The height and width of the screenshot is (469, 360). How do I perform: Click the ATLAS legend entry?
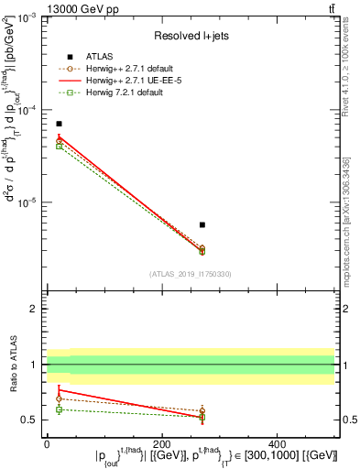(x=95, y=56)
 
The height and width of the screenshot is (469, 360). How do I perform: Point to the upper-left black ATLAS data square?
(x=60, y=124)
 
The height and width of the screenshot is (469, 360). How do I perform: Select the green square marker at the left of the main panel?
(x=60, y=147)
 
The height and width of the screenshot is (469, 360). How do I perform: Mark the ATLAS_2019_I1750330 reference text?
(x=191, y=274)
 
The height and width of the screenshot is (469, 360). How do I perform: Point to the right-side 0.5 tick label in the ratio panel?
(x=349, y=420)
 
